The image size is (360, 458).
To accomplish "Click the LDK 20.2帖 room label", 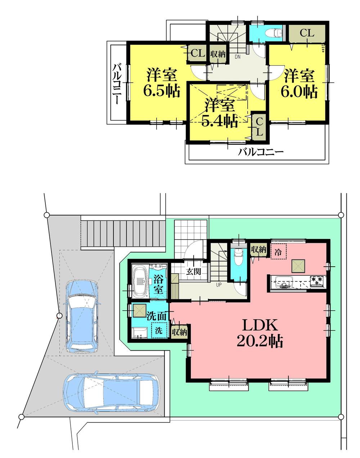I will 259,333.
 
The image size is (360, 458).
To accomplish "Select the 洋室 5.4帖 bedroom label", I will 220,114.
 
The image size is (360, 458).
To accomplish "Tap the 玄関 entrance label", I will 193,271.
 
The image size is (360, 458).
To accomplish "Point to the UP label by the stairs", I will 219,285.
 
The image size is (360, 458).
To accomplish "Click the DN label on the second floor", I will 238,57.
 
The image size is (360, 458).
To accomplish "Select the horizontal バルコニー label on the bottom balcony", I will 261,152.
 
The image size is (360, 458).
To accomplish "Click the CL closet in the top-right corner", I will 307,33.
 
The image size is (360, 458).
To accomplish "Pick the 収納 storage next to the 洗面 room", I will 179,332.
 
